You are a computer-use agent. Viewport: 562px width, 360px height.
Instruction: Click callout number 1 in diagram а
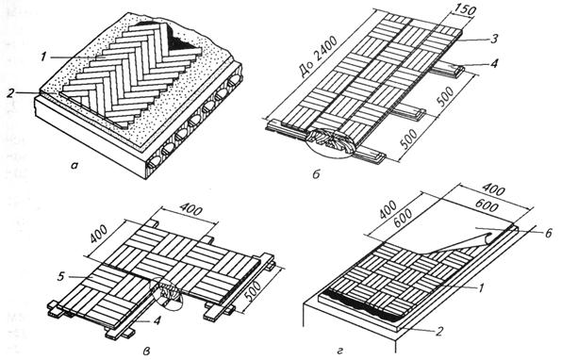coord(43,57)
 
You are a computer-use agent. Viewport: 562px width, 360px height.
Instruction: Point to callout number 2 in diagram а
coord(11,93)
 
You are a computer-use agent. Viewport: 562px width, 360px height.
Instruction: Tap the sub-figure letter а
coord(74,166)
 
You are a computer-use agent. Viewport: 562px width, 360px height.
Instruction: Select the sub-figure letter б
coord(316,174)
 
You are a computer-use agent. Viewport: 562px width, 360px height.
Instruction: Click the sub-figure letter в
coord(146,352)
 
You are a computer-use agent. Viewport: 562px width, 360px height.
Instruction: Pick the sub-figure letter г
coord(339,352)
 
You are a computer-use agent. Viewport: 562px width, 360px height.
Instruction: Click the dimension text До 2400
coord(317,59)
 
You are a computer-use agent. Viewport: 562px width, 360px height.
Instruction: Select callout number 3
coord(494,39)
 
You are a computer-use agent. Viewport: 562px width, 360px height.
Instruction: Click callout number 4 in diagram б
coord(495,64)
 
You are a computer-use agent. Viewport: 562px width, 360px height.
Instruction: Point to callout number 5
coord(60,277)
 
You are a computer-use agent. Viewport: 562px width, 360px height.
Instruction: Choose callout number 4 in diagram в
coord(157,320)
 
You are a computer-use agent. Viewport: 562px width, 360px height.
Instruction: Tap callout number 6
coord(548,233)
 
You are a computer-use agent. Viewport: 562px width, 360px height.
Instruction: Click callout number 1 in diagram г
coord(482,286)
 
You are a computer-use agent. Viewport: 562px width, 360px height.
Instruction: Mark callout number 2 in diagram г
coord(439,332)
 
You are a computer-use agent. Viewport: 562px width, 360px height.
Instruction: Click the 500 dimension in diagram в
coord(256,293)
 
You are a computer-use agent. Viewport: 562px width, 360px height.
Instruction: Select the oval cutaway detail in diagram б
coord(330,142)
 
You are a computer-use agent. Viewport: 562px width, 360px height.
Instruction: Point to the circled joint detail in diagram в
coord(167,294)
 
